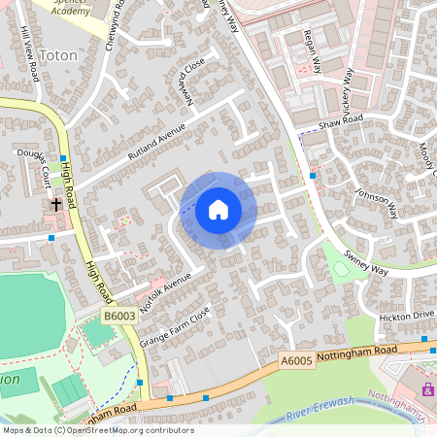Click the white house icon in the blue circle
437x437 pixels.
[x=218, y=209]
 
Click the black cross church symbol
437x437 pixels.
[x=56, y=204]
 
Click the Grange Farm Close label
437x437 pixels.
[x=175, y=326]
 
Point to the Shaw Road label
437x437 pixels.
[x=340, y=125]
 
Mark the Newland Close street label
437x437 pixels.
[x=193, y=81]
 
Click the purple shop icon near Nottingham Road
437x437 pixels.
[x=427, y=389]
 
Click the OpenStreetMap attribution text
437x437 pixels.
[x=98, y=430]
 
